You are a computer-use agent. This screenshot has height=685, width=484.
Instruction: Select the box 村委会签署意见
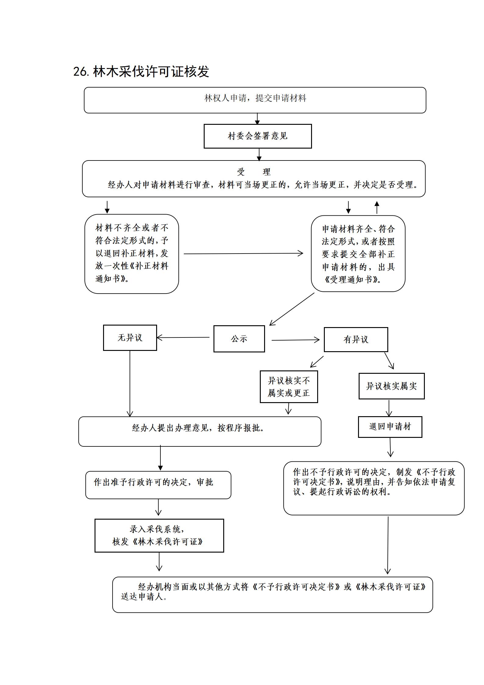click(258, 136)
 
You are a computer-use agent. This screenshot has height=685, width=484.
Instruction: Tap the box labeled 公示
click(239, 339)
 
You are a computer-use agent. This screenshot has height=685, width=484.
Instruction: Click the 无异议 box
click(130, 337)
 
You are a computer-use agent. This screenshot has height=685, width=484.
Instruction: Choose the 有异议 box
click(356, 340)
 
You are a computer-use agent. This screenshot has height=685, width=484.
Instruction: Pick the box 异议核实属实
click(392, 386)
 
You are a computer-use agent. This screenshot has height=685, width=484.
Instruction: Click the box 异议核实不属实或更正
click(289, 387)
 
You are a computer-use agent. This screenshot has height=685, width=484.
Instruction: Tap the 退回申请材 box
click(390, 427)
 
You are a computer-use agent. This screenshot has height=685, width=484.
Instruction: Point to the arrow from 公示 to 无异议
click(183, 337)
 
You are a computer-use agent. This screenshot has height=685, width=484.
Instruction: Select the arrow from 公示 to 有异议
click(296, 340)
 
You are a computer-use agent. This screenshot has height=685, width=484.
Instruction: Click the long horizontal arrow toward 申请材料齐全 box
click(243, 253)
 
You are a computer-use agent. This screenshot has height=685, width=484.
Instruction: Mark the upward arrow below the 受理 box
click(377, 207)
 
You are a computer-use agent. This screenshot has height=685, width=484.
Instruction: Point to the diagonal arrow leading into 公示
click(292, 309)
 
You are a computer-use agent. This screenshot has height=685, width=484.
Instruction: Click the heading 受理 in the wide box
click(254, 172)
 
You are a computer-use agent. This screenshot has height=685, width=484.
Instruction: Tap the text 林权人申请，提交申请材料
click(255, 98)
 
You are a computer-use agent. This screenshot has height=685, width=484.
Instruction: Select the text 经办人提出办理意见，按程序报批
click(198, 428)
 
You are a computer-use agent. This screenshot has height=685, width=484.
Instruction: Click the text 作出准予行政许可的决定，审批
click(153, 482)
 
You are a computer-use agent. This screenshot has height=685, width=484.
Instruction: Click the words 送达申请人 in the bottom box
click(144, 597)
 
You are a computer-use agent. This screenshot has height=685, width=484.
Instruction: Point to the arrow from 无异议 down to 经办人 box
click(130, 384)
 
